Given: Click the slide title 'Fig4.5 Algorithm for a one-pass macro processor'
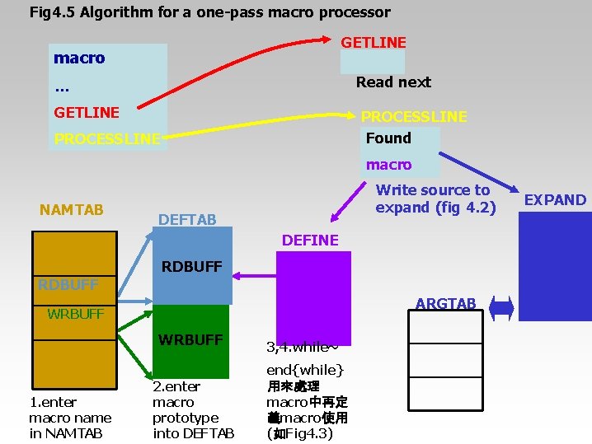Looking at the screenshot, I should [209, 12].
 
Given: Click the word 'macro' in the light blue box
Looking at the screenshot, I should [79, 58].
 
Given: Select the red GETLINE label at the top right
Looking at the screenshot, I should [374, 42].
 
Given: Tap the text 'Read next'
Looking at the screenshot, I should [393, 82].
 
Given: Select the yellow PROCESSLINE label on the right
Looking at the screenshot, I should [414, 116].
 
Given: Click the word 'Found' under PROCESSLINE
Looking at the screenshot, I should [388, 138].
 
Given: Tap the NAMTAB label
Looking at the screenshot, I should [72, 209].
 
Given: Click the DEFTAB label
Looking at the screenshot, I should [187, 219].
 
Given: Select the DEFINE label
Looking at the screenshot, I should [310, 240].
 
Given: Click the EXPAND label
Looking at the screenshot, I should [555, 199].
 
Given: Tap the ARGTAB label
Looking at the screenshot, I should [445, 304].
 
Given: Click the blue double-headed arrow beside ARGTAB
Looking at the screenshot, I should [501, 308].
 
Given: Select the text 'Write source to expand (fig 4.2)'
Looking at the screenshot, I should [435, 199].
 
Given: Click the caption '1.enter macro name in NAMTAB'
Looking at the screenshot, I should [70, 418].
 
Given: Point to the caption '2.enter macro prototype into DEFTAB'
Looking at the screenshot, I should [193, 409].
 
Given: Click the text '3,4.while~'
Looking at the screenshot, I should [303, 346].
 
